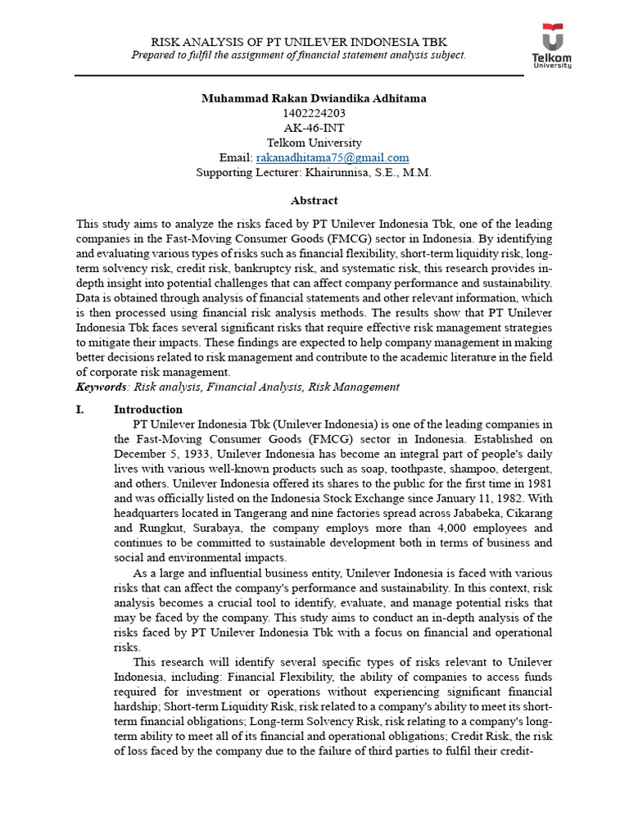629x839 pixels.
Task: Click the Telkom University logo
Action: (554, 48)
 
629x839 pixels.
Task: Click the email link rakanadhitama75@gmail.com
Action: (333, 157)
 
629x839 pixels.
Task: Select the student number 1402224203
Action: (314, 113)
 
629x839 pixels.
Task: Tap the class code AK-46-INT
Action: (314, 128)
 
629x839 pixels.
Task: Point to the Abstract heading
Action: (314, 200)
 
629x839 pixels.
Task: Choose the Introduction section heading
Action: (148, 409)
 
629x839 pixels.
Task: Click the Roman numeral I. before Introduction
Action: (81, 409)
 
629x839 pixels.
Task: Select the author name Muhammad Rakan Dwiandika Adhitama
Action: (314, 98)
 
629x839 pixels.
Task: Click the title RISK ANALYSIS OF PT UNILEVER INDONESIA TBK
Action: (299, 42)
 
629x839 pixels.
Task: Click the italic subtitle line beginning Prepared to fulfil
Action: (299, 55)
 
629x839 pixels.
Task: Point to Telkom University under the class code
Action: (314, 143)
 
